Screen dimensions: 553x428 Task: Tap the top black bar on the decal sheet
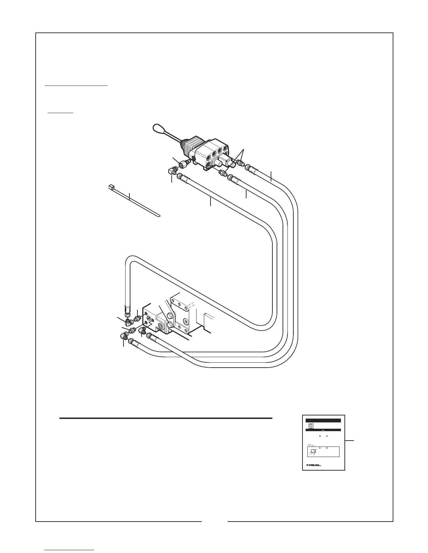(323, 421)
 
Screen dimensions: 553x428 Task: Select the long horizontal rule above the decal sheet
(166, 418)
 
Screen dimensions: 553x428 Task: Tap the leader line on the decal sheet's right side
(350, 441)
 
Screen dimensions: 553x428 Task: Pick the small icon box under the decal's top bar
(309, 426)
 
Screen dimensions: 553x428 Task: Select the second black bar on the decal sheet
(323, 430)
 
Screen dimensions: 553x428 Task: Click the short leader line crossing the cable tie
(129, 197)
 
